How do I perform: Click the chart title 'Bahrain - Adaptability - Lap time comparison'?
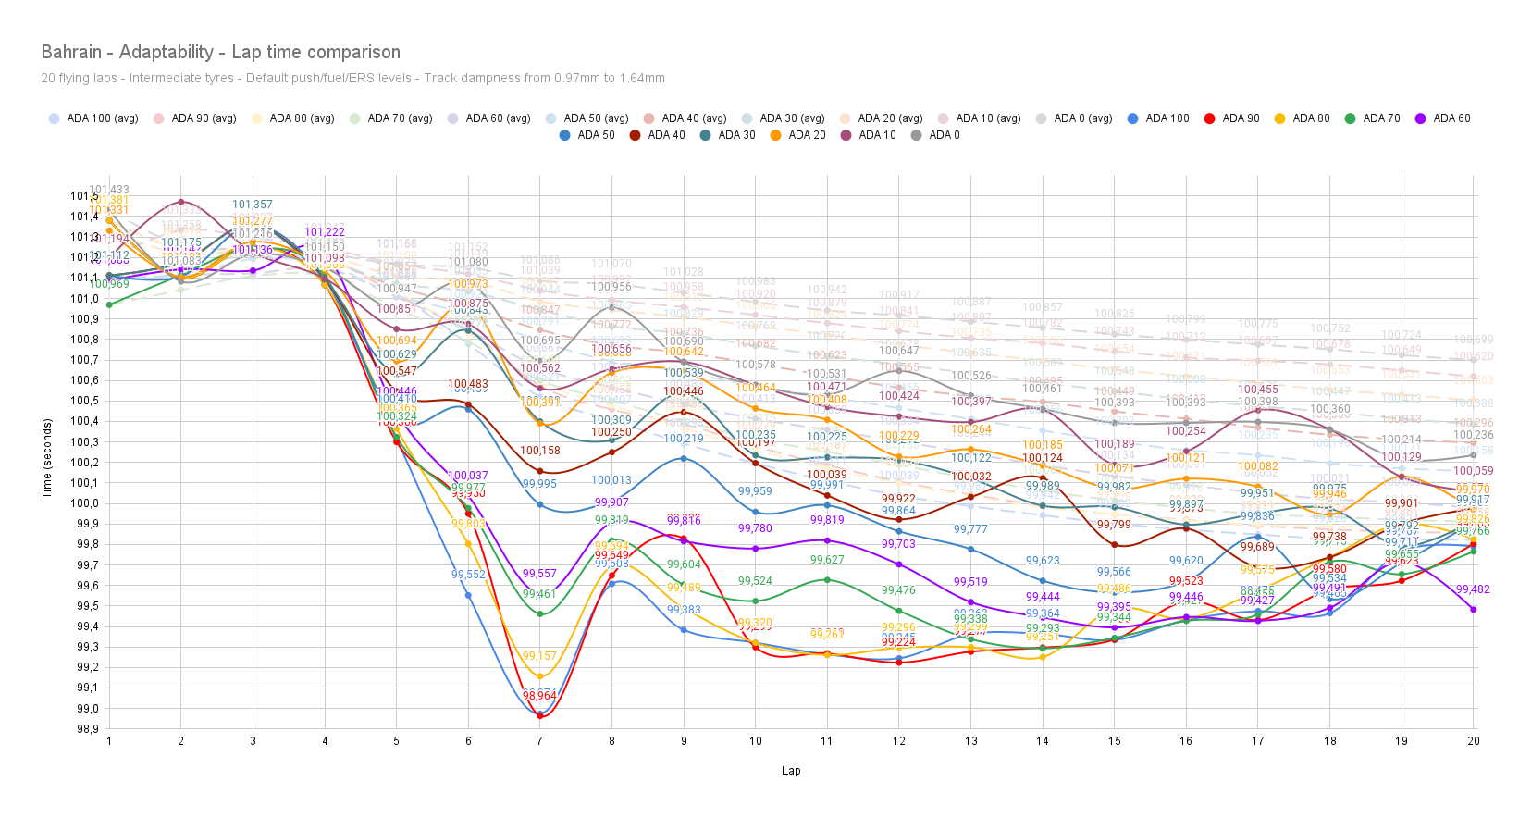coord(221,53)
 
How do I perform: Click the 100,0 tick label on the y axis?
coord(87,504)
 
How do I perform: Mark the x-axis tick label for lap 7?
coord(540,741)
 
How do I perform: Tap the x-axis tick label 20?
coord(1474,741)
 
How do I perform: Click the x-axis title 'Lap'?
coord(791,771)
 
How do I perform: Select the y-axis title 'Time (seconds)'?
coord(47,458)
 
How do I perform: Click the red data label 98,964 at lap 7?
coord(539,696)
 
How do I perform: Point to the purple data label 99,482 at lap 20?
coord(1473,590)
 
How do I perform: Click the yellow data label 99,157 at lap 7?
coord(539,657)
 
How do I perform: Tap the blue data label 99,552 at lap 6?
coord(468,575)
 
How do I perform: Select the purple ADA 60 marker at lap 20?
coord(1474,610)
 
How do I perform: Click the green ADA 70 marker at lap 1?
coord(109,304)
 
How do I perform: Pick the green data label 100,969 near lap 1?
coord(109,284)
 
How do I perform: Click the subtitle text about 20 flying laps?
coord(352,79)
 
